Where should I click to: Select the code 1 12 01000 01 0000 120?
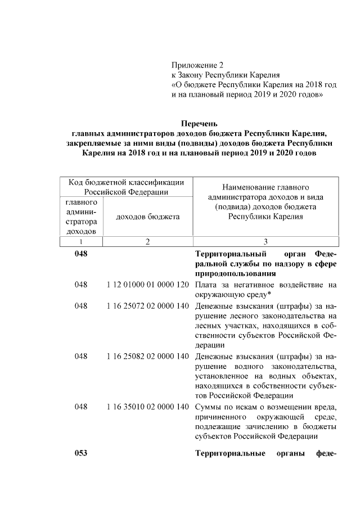(x=147, y=285)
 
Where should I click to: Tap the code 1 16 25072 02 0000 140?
(x=147, y=307)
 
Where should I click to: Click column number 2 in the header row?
(x=147, y=241)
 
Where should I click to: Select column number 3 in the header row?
(x=265, y=241)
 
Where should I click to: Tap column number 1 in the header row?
(x=80, y=241)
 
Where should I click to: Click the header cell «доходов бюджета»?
(x=147, y=217)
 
